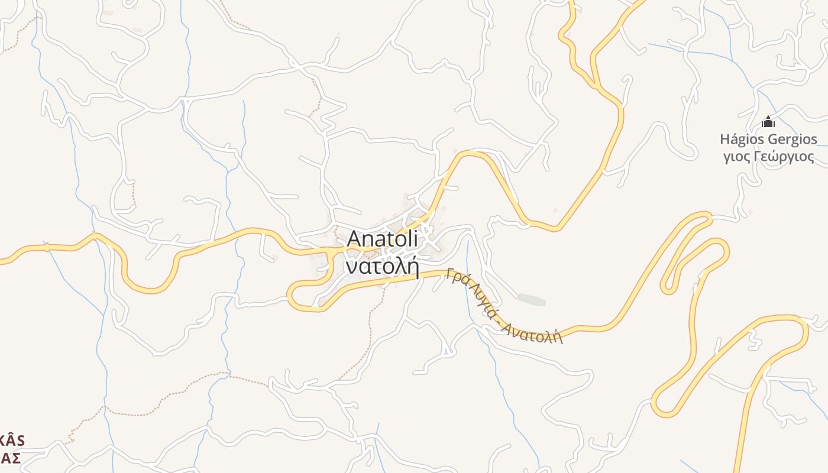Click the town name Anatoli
[382, 239]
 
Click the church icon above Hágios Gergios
[768, 122]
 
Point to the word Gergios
[793, 140]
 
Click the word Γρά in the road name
[457, 278]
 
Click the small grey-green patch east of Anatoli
[531, 300]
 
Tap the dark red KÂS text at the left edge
[12, 440]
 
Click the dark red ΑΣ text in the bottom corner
[10, 458]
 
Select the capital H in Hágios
[726, 140]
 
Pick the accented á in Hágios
[737, 140]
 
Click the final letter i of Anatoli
[415, 239]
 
